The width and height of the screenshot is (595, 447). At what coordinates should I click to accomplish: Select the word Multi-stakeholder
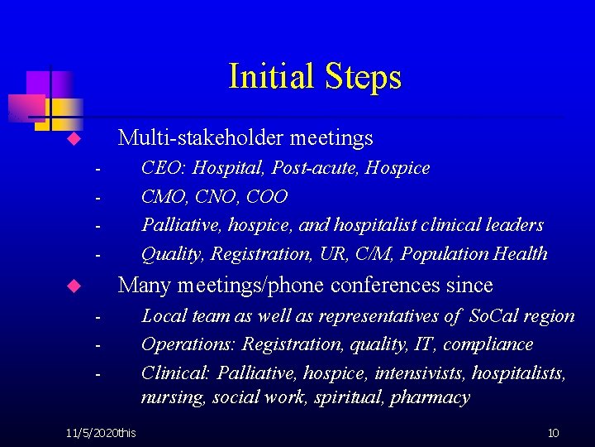195,137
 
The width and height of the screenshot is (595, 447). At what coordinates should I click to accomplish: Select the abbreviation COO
268,197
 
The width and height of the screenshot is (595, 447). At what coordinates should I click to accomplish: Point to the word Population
452,253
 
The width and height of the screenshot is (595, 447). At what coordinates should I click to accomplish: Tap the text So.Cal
495,315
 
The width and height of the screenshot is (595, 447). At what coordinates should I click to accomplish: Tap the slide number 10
554,433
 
